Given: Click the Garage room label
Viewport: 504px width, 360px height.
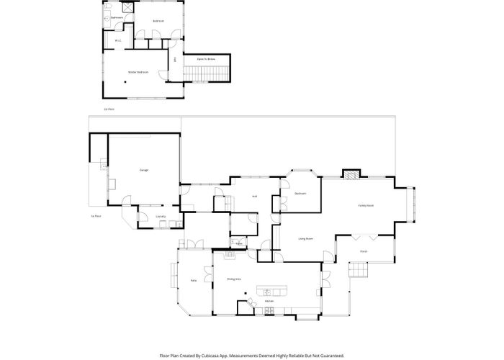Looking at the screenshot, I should (144, 170).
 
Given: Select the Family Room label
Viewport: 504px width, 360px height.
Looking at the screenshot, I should (366, 206).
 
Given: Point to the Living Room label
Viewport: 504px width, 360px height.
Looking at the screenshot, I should (306, 238).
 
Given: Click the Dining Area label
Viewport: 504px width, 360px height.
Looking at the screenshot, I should (234, 278).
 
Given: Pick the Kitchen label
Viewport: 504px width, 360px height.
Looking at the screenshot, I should (269, 300).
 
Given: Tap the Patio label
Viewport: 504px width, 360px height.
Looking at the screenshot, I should (194, 279).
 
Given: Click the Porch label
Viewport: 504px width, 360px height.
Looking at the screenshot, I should (364, 251).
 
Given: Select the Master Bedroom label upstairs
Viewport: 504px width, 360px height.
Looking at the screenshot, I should (138, 72).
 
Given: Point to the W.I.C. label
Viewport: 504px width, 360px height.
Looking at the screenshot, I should (118, 41).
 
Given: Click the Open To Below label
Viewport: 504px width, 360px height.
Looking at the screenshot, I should (207, 58).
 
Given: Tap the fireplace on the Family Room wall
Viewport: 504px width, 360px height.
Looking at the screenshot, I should (350, 174).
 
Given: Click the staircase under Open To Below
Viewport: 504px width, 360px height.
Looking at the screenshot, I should (207, 73).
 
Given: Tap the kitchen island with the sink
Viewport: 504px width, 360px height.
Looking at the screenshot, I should (271, 292).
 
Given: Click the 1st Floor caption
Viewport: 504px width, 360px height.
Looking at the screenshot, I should (96, 215).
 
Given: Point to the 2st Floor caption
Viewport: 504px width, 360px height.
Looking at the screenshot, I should (109, 109).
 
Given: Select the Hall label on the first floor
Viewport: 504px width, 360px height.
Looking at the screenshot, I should (255, 197).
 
